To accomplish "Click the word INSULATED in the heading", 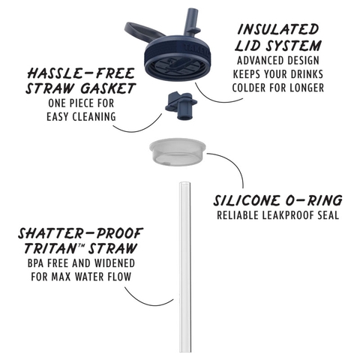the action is click(x=277, y=30).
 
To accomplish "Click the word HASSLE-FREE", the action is click(x=81, y=73).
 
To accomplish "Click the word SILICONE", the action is click(x=247, y=201).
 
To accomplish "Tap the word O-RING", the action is click(x=314, y=201).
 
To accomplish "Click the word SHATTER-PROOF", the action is click(x=80, y=233).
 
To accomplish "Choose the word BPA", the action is click(x=36, y=263).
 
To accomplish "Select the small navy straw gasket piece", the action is click(x=181, y=105).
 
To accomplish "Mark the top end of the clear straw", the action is click(x=185, y=184).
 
